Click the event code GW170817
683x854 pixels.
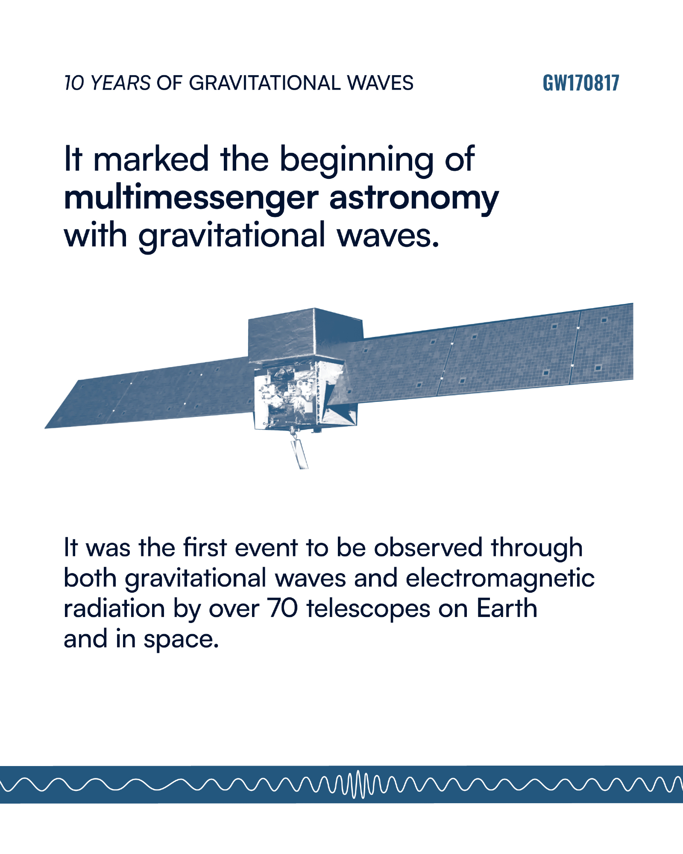tap(580, 83)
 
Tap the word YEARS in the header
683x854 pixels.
tap(120, 83)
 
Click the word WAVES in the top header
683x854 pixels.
tap(380, 83)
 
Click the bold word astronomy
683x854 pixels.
tap(414, 199)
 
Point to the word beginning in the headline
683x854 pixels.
tap(356, 161)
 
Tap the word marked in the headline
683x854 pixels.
tap(151, 159)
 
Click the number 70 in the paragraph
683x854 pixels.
tap(283, 608)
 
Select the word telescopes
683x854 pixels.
tap(368, 609)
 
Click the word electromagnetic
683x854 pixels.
tap(500, 579)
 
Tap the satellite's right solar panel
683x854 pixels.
tap(491, 352)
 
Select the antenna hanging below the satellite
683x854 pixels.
tap(299, 450)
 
